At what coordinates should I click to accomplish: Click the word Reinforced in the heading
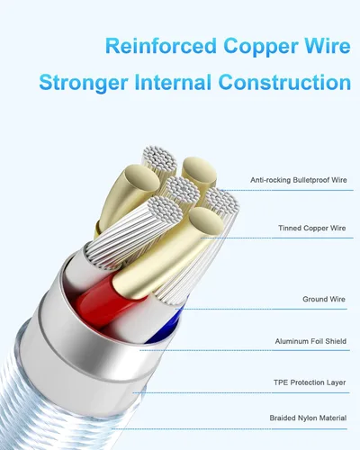tap(161, 46)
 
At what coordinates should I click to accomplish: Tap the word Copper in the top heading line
tap(261, 47)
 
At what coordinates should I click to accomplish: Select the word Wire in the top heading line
tap(328, 46)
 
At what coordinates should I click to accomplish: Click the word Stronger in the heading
tap(84, 83)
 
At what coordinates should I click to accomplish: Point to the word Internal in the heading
tap(173, 82)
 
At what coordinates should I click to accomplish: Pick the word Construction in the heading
tap(284, 82)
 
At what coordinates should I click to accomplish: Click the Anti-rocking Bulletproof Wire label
tap(299, 180)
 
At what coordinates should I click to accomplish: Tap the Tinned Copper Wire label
tap(312, 228)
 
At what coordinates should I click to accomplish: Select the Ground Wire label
tap(324, 299)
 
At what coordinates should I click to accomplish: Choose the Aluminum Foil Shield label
tap(310, 341)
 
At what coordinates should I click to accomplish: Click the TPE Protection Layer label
tap(310, 382)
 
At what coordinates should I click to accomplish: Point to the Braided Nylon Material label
tap(308, 418)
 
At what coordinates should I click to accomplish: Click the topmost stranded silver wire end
tap(159, 159)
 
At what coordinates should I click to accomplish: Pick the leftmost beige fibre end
tap(141, 179)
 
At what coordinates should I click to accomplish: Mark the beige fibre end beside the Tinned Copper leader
tap(207, 222)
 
